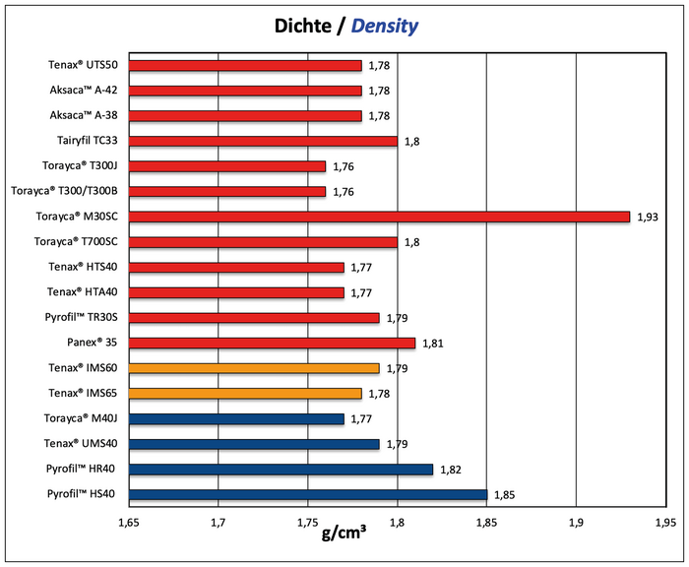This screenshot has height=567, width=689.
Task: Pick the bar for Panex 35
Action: (272, 343)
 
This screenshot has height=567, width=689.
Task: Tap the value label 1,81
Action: (433, 344)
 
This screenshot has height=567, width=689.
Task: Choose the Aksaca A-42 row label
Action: (84, 91)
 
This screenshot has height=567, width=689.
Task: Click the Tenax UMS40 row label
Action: (82, 444)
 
